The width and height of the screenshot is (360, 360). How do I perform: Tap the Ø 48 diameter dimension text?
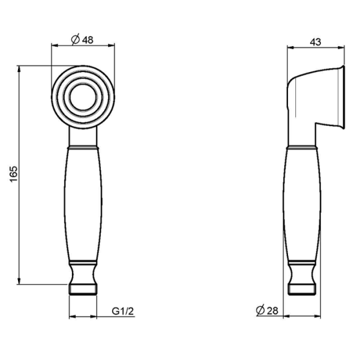(83, 40)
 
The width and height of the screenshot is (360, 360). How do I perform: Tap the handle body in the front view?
(83, 204)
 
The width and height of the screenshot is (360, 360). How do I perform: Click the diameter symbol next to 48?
(74, 40)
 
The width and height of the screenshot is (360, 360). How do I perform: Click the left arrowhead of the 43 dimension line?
(289, 47)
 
